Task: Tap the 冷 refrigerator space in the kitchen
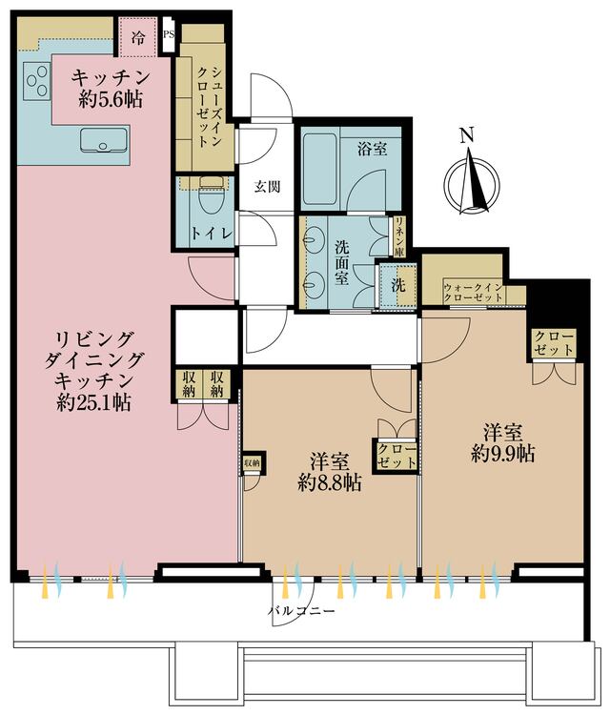[138, 39]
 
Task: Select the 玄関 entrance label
[266, 187]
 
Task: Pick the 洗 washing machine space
[397, 283]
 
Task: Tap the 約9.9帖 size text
[501, 454]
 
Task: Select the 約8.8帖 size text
[329, 482]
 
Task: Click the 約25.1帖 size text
[93, 402]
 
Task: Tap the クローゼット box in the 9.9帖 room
[554, 344]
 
